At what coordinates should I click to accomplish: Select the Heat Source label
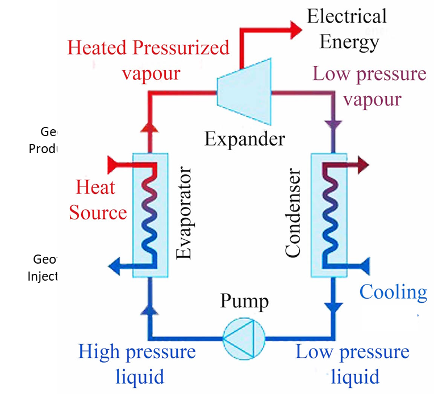coord(97,200)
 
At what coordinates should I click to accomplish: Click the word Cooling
coord(393,293)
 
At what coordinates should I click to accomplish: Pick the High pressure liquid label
coord(137,364)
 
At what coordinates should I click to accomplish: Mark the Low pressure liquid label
coord(352,364)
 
